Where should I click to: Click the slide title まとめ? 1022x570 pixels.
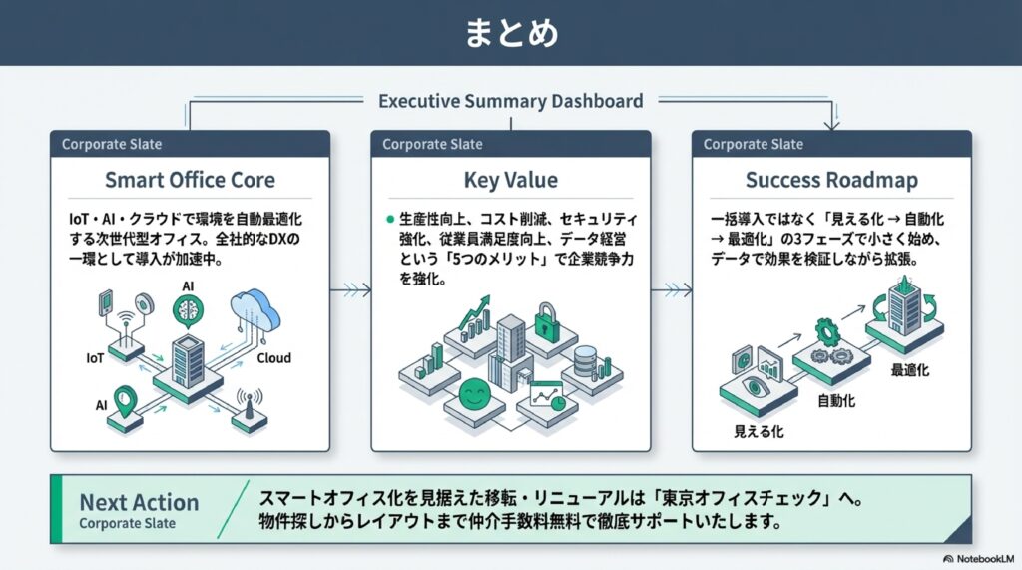[x=511, y=33]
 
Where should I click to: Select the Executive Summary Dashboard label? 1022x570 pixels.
[x=510, y=101]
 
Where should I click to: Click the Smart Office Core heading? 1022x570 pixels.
[x=190, y=180]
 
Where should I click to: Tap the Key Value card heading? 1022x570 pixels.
[x=510, y=180]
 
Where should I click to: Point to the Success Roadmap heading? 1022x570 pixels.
[x=831, y=180]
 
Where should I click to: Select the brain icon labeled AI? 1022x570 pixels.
[x=188, y=311]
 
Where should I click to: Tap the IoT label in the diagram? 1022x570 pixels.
[x=95, y=358]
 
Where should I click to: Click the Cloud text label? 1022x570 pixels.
[x=273, y=358]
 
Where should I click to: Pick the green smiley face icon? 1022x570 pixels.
[x=474, y=394]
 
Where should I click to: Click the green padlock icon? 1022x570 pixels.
[x=546, y=321]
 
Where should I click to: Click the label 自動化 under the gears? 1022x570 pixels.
[x=836, y=401]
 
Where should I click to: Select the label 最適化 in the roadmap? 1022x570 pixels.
[x=910, y=370]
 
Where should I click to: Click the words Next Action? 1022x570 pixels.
[x=139, y=502]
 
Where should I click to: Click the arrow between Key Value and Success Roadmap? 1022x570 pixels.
[x=672, y=290]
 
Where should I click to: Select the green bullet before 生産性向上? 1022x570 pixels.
[x=390, y=220]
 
